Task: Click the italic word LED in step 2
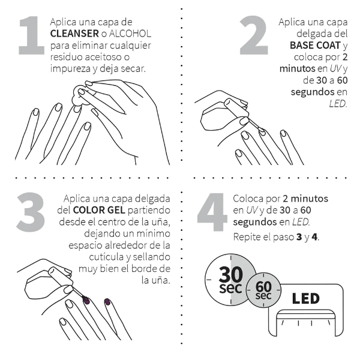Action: tap(338, 103)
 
